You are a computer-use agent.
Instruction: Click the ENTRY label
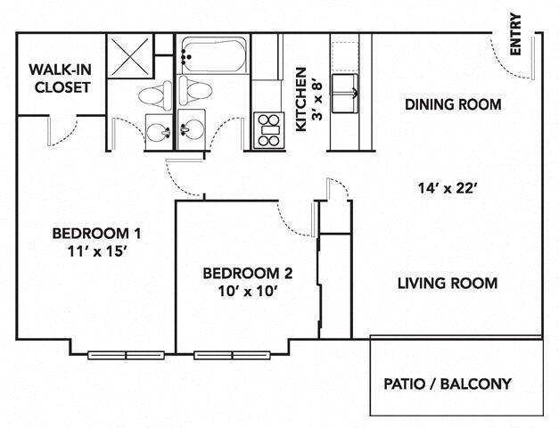515,34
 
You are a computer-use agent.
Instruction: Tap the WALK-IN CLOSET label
61,78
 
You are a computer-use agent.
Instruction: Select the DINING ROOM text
453,104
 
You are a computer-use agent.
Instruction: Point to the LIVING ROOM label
448,284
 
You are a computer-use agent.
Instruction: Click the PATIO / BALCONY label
448,384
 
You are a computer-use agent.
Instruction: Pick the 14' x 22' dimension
448,188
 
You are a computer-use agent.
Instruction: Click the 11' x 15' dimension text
97,251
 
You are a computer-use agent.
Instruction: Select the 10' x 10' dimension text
248,292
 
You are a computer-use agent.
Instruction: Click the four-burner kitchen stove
269,130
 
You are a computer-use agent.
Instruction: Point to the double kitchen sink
345,94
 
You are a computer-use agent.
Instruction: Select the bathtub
214,55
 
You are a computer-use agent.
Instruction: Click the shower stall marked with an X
130,56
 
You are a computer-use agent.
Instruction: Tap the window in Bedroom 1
126,355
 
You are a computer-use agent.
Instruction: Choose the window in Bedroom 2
232,355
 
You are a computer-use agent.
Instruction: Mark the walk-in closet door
62,130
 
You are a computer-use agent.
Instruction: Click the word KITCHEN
301,100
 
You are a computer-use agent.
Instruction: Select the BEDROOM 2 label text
248,274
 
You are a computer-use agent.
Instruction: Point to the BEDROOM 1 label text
96,234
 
